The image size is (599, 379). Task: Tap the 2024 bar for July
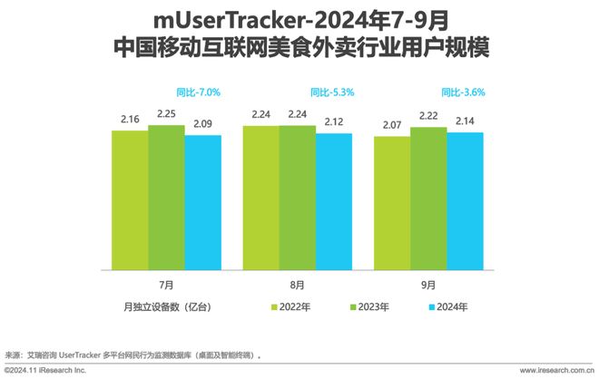coord(202,202)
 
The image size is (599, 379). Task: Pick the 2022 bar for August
coord(260,198)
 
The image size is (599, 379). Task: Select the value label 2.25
coord(166,114)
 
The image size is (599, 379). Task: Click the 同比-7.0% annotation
coord(198,92)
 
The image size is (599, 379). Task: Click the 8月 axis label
coord(297,283)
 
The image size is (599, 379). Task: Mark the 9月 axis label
coord(428,283)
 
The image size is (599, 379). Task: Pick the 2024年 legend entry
coord(450,307)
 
